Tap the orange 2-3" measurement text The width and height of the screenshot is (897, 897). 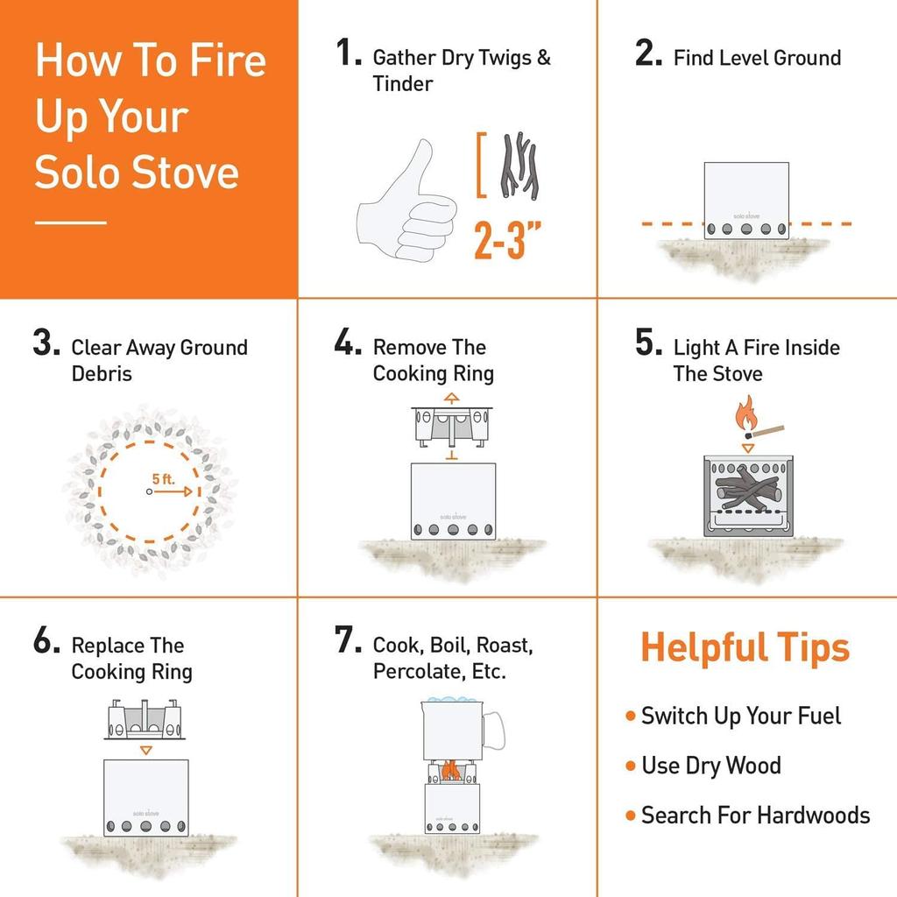(x=507, y=239)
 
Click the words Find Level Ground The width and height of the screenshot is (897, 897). (x=757, y=59)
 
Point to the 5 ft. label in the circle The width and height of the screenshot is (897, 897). (x=163, y=479)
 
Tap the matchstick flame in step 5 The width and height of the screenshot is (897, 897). (x=745, y=415)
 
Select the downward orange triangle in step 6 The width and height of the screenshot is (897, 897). (x=146, y=751)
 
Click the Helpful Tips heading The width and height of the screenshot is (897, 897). (x=745, y=648)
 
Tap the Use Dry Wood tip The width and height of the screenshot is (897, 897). (x=710, y=766)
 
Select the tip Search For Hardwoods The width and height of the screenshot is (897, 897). (x=755, y=816)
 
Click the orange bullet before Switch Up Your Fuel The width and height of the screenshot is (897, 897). (x=630, y=717)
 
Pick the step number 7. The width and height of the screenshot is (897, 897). (x=348, y=641)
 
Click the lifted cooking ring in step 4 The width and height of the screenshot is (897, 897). (x=450, y=427)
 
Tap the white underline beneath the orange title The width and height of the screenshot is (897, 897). (x=70, y=222)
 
